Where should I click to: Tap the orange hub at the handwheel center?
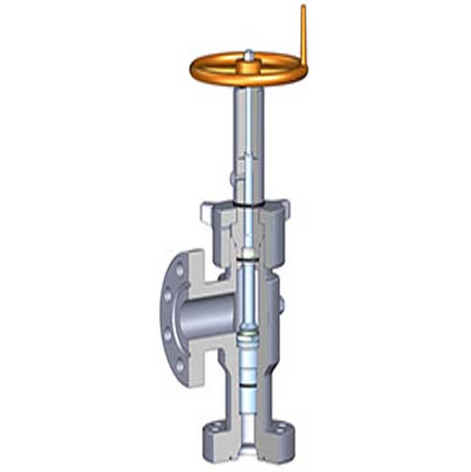[248, 67]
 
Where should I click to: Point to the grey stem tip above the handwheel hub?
[248, 55]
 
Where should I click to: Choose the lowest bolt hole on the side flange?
[179, 365]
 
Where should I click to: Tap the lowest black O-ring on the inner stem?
[248, 387]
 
